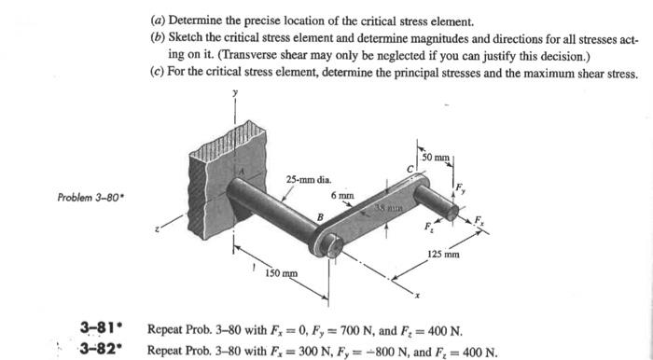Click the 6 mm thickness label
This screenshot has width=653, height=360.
pyautogui.click(x=341, y=196)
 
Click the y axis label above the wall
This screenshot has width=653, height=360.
pyautogui.click(x=234, y=93)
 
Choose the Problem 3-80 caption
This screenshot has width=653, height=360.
pyautogui.click(x=84, y=198)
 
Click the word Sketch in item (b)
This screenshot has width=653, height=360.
pyautogui.click(x=183, y=36)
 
